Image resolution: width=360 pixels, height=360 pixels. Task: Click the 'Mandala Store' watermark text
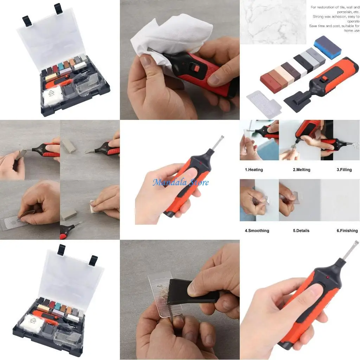pos(181,182)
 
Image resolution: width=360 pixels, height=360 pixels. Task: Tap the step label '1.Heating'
pos(254,170)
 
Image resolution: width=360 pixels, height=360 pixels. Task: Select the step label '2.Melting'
pos(302,170)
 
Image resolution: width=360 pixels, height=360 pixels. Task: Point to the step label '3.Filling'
pos(344,170)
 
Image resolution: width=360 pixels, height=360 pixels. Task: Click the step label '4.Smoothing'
pos(257,231)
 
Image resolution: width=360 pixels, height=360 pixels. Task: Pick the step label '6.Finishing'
pos(347,231)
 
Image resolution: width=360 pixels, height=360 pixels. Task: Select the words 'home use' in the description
pos(352,31)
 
